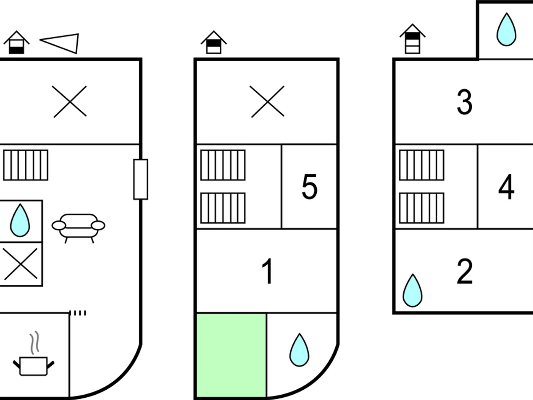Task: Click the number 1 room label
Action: [267, 272]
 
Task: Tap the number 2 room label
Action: [465, 272]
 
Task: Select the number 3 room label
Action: [465, 102]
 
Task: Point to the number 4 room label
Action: [506, 187]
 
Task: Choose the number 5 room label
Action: [310, 187]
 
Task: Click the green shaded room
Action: [231, 355]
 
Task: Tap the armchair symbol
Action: [79, 227]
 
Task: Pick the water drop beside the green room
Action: [299, 350]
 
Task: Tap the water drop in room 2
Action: [413, 291]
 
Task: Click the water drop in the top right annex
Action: [506, 30]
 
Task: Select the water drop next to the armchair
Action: [20, 221]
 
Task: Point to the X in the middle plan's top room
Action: [267, 102]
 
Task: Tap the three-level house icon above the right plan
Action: [412, 39]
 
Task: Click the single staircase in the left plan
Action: [26, 165]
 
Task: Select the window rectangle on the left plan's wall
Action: [141, 179]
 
